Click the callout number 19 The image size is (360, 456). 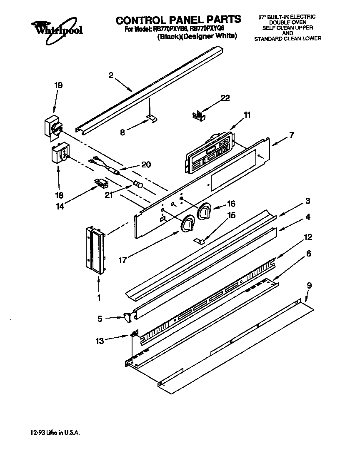(x=58, y=85)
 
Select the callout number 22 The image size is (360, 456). (x=225, y=98)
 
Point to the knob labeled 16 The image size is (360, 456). (x=204, y=212)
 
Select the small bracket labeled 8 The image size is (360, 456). (x=152, y=119)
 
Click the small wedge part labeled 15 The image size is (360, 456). (x=200, y=240)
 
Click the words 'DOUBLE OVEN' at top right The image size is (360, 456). (x=287, y=22)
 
